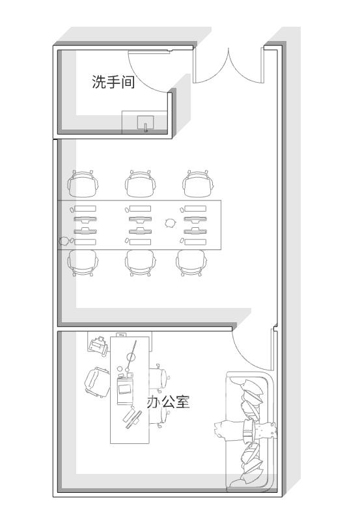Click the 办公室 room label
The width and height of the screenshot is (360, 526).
(168, 402)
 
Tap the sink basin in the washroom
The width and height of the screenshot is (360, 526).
(146, 124)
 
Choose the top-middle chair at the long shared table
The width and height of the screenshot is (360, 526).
(141, 184)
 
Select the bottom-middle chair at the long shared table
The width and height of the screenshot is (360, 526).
(141, 262)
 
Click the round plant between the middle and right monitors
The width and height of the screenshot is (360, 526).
(170, 223)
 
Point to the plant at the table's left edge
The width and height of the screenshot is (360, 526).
(64, 242)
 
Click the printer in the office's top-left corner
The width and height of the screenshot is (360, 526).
(98, 345)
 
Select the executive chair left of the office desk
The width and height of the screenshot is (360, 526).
(96, 381)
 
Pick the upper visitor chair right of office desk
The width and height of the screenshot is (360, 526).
(160, 376)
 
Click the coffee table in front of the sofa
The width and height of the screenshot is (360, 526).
(247, 430)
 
